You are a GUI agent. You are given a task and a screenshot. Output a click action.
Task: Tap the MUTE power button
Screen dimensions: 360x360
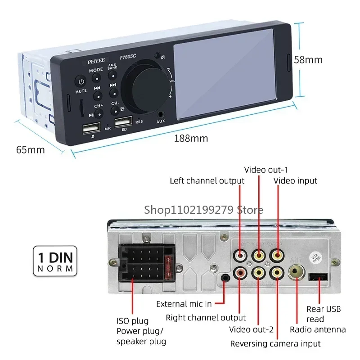(x=81, y=82)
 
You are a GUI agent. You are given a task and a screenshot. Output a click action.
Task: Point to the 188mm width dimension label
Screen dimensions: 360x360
(x=191, y=138)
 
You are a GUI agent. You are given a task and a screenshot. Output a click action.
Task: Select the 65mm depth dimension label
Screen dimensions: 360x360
(x=30, y=149)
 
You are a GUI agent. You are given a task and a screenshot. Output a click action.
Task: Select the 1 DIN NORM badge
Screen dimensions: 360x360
(x=54, y=261)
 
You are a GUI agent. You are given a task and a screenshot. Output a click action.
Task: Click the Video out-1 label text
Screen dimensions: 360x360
(x=266, y=170)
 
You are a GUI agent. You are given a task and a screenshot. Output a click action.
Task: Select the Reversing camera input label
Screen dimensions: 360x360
(x=275, y=343)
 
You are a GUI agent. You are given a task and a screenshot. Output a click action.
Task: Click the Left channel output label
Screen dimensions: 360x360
(x=207, y=181)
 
